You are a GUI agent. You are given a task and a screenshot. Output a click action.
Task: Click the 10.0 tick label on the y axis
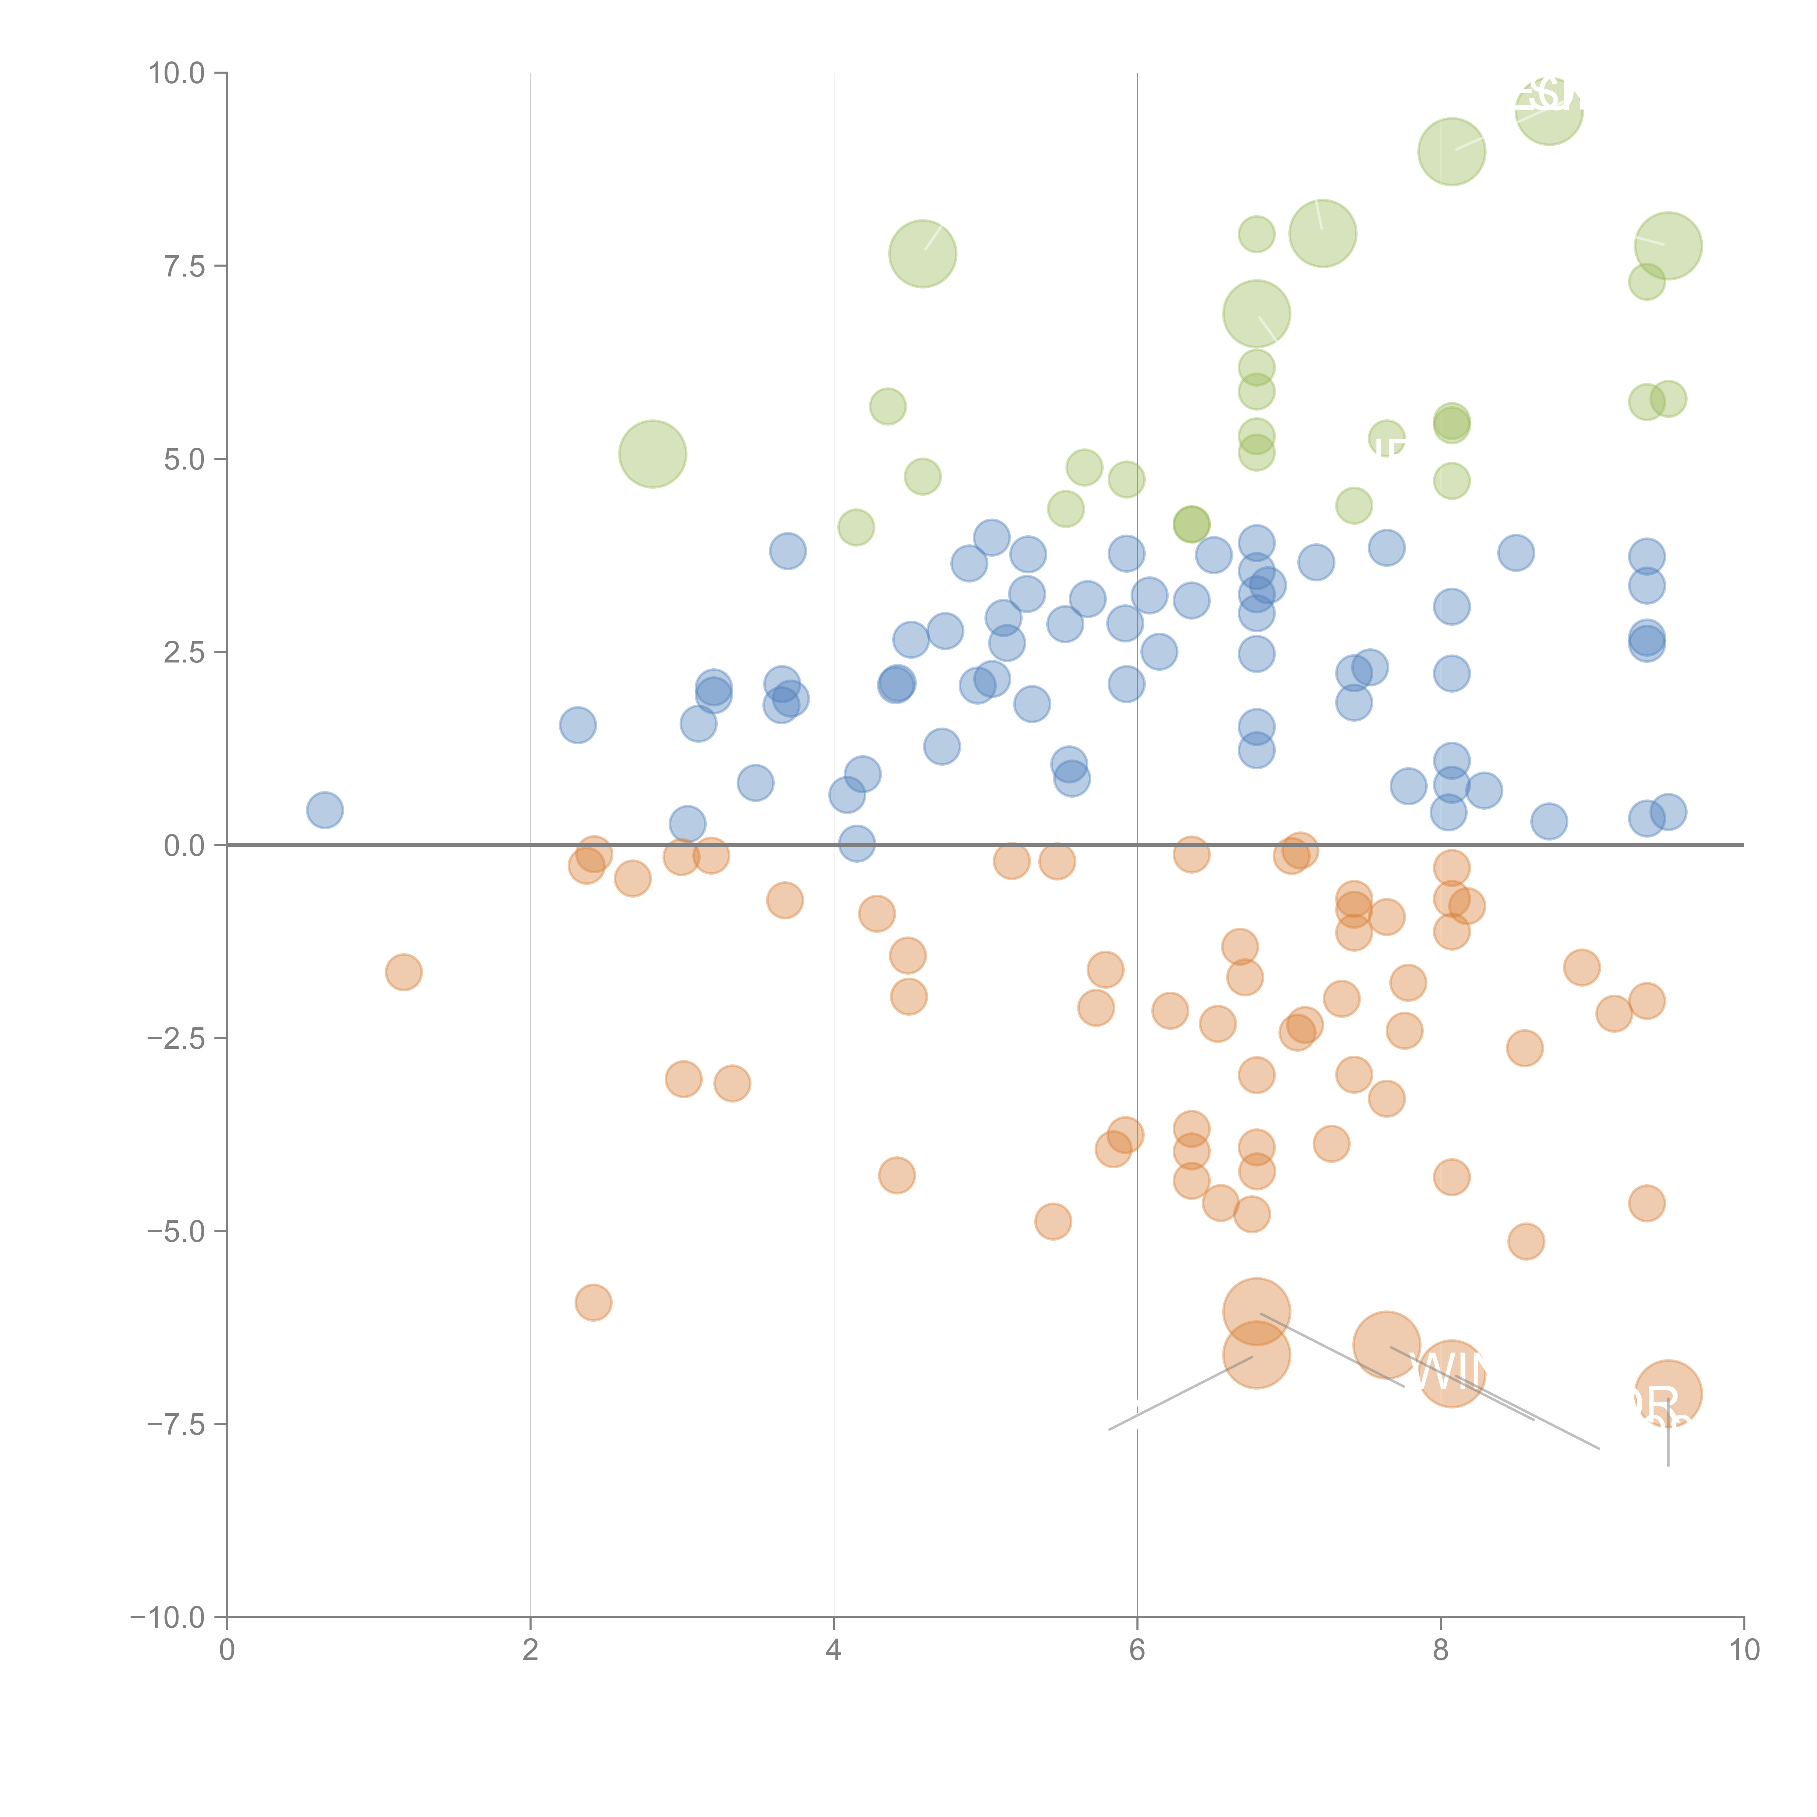point(177,73)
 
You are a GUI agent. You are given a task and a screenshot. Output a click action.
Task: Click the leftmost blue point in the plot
point(325,810)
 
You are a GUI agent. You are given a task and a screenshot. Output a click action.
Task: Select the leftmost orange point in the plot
point(403,971)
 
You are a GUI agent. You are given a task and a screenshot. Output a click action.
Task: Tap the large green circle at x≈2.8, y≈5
point(653,454)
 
